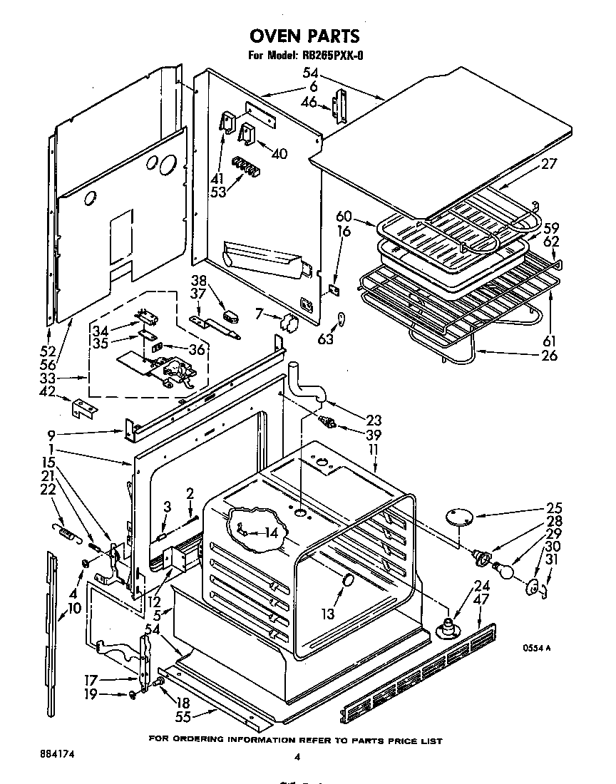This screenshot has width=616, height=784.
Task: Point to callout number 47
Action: pos(482,600)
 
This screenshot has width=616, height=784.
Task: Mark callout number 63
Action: pos(325,340)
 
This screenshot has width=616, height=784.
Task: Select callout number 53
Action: pos(218,192)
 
